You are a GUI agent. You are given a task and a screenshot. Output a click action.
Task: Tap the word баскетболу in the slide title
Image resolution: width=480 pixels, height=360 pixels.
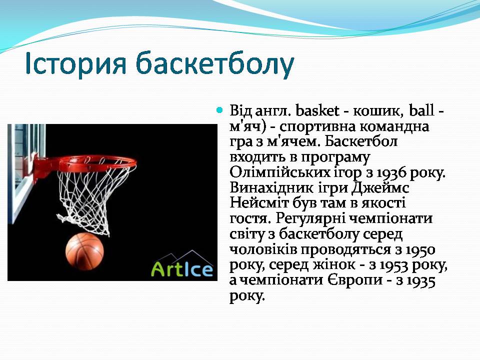[215, 65]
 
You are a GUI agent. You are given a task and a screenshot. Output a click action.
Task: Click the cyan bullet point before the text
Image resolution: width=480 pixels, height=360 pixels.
[219, 110]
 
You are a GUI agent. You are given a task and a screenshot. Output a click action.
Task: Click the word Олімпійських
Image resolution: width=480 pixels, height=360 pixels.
[280, 173]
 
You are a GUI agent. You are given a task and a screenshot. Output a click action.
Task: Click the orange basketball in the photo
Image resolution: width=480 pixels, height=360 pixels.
[84, 251]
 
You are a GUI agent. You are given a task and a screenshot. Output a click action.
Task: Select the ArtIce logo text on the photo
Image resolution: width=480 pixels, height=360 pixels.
[182, 269]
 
